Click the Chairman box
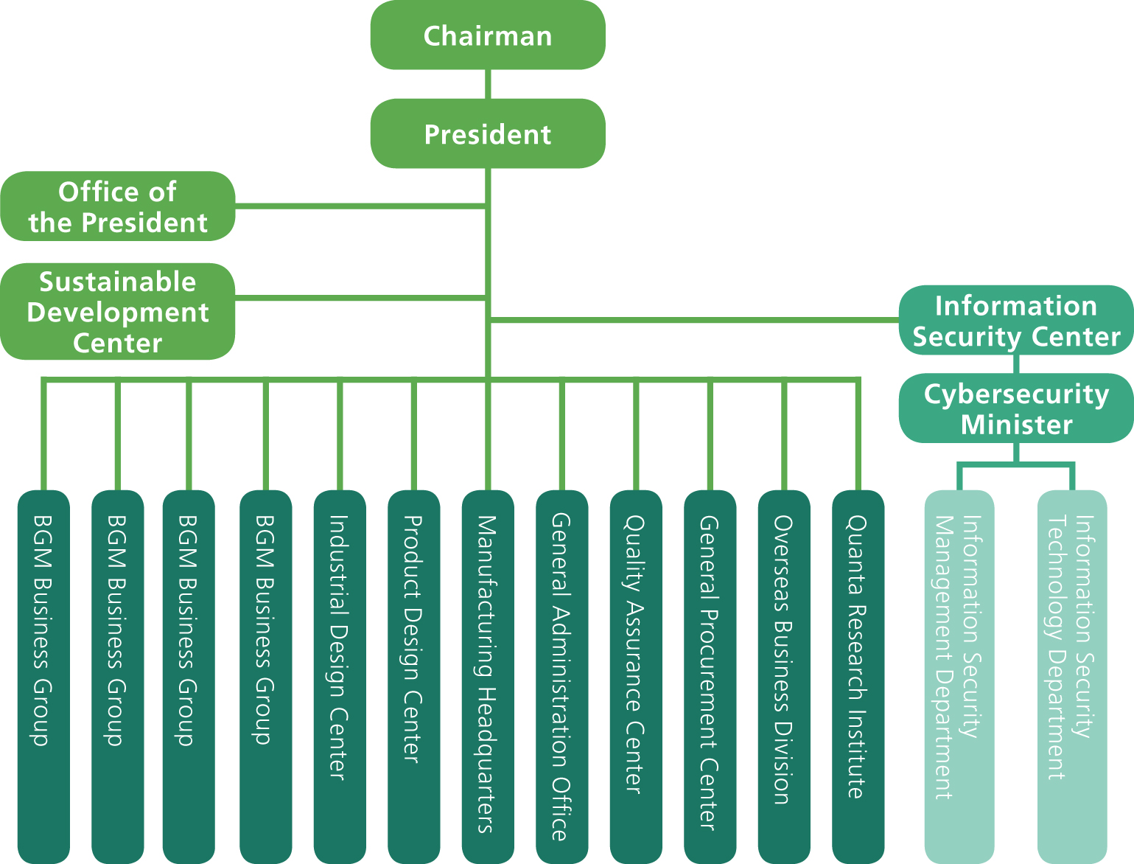[x=488, y=35]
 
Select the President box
[x=488, y=134]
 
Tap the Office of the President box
[x=118, y=207]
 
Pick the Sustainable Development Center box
[x=118, y=312]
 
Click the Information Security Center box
[x=1016, y=321]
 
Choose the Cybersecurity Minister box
[x=1016, y=409]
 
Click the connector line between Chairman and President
[x=488, y=84]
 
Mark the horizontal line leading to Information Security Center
[x=693, y=320]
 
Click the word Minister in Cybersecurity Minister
[x=1016, y=425]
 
